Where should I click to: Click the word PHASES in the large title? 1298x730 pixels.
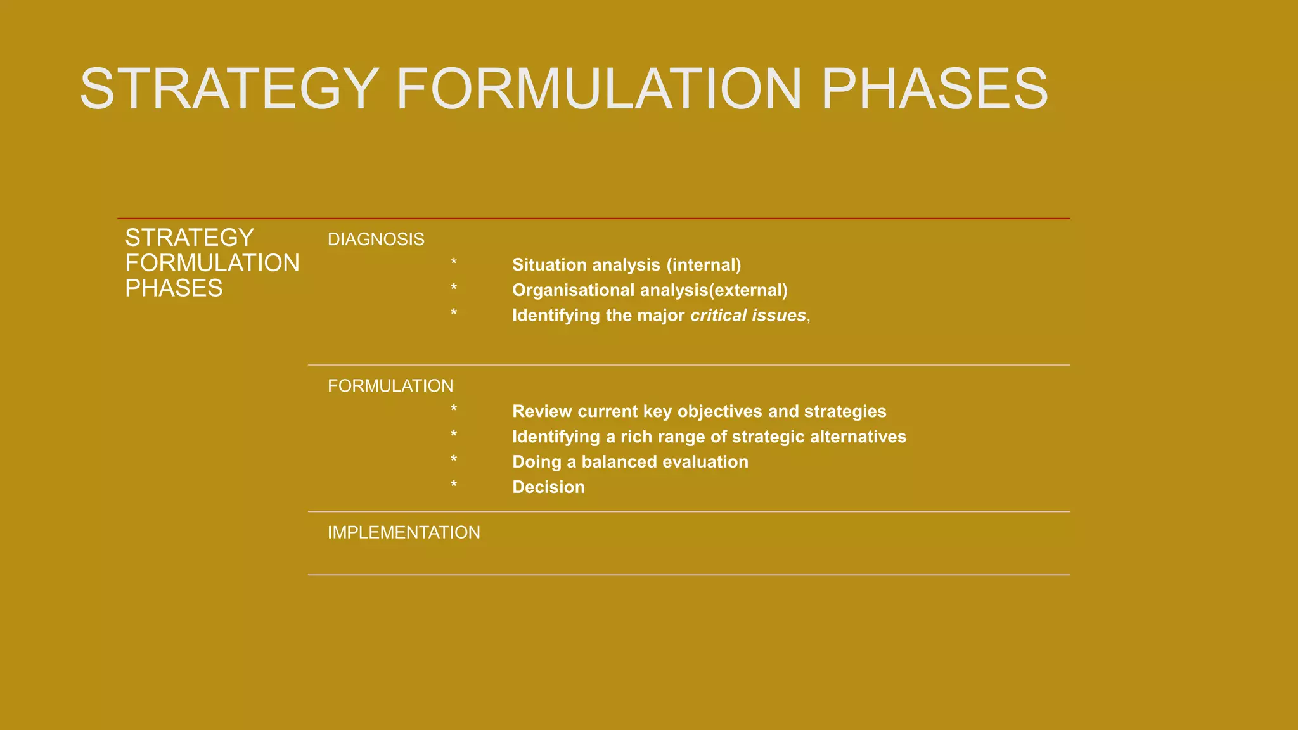coord(934,89)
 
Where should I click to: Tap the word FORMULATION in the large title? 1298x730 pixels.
coord(599,89)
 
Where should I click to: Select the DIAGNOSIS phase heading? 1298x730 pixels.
coord(376,240)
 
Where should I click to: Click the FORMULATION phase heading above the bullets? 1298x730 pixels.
coord(390,386)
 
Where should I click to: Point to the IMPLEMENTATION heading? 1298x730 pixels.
coord(404,532)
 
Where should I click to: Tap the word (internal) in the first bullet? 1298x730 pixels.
coord(704,265)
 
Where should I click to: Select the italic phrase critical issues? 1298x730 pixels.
coord(748,316)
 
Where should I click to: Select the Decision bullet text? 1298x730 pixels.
coord(548,487)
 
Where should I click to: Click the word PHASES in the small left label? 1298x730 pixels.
coord(174,288)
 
